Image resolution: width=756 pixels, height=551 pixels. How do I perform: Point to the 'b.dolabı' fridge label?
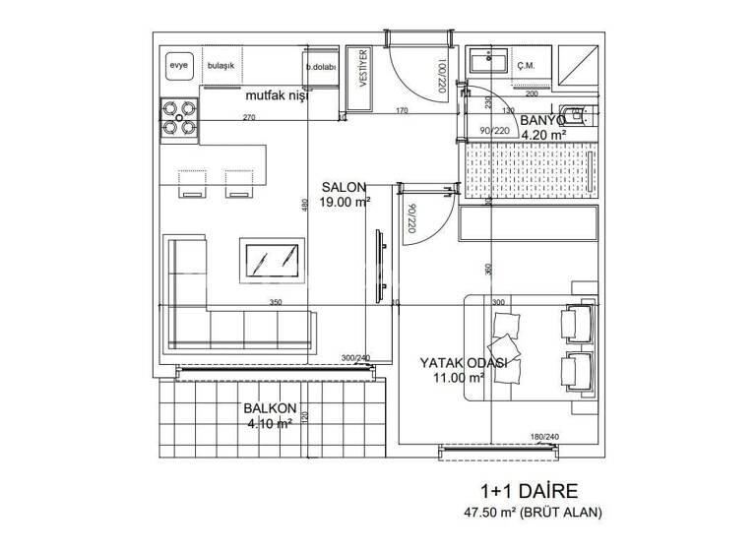click(321, 67)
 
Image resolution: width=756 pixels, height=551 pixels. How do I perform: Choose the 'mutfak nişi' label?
click(277, 96)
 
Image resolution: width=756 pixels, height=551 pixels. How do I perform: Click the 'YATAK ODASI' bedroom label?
click(464, 362)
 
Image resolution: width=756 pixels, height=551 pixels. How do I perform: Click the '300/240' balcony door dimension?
click(355, 358)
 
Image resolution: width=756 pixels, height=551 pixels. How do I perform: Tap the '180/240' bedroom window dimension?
click(544, 437)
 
